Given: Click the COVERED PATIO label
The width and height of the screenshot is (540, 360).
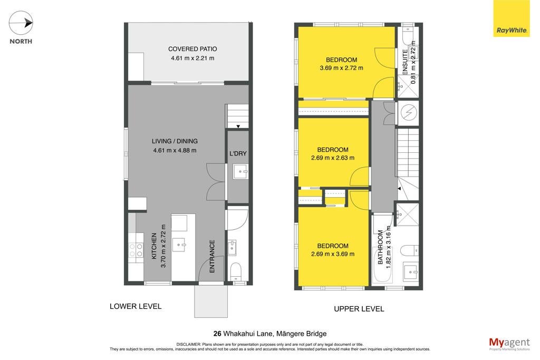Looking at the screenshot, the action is [192, 49].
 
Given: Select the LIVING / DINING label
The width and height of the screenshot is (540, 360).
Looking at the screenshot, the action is [175, 141].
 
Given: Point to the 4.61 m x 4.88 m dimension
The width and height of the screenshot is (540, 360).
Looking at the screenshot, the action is [175, 150].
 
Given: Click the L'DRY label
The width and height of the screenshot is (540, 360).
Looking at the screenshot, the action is [238, 153].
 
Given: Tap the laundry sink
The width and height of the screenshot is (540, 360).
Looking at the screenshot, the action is [240, 171].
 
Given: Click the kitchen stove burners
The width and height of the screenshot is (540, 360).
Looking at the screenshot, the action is [136, 250].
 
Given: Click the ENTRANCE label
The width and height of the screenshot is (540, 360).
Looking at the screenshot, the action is [212, 256].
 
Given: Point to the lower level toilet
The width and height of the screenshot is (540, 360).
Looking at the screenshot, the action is [236, 271].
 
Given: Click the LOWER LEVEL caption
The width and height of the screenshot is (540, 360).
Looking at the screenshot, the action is [136, 306].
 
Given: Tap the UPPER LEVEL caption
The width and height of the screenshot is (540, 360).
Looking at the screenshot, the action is [359, 309].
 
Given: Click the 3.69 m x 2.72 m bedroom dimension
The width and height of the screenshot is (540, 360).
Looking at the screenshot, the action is [341, 68].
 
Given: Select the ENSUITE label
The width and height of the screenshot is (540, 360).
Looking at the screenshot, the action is [405, 62].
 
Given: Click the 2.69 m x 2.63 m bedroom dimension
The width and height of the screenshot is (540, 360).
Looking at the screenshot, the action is [333, 158].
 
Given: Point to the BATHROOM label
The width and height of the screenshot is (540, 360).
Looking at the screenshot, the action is [380, 247].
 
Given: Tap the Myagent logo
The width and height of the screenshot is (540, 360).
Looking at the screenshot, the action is [509, 344].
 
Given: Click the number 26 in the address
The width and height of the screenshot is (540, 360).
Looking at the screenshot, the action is [217, 334].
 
